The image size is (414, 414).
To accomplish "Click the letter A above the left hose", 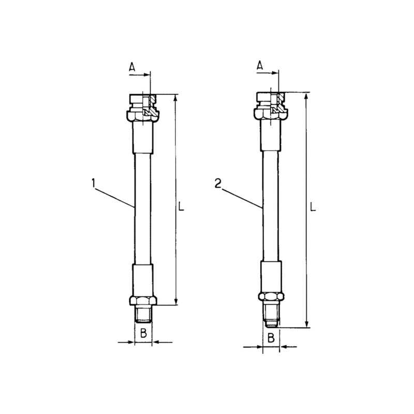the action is (132, 67).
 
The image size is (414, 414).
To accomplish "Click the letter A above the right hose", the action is (260, 65).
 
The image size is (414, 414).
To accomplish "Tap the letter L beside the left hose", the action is (181, 206).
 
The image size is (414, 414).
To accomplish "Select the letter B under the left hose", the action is (143, 333).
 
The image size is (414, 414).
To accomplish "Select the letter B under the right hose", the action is (271, 338).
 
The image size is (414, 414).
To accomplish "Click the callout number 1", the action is (93, 183).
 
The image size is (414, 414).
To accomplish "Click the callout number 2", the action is (218, 184).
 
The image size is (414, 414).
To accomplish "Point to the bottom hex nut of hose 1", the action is (143, 301).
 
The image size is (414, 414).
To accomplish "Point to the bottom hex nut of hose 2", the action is (271, 297).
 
